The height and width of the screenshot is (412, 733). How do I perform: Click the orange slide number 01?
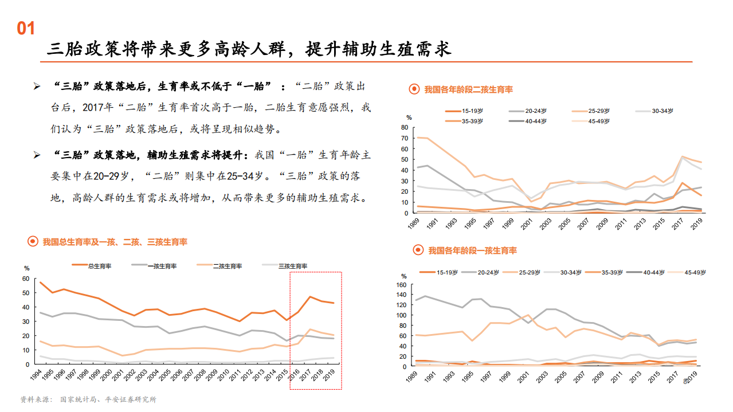pyautogui.click(x=26, y=29)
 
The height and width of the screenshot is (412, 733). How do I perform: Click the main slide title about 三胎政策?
pyautogui.click(x=249, y=49)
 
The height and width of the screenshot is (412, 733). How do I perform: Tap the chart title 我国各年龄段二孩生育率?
pyautogui.click(x=468, y=89)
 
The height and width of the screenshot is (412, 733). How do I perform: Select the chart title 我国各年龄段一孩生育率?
pyautogui.click(x=472, y=250)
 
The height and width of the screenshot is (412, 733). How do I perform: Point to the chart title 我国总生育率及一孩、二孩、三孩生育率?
pyautogui.click(x=115, y=242)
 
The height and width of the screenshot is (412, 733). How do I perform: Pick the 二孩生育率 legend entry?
pyautogui.click(x=227, y=266)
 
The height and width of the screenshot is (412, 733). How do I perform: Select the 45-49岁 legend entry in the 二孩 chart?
pyautogui.click(x=599, y=121)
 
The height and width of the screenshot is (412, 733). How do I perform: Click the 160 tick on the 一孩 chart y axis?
pyautogui.click(x=401, y=285)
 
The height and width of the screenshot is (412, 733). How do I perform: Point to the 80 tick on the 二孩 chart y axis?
pyautogui.click(x=405, y=127)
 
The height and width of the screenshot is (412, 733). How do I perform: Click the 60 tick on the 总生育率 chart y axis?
pyautogui.click(x=25, y=278)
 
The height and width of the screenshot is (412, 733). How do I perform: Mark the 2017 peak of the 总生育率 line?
pyautogui.click(x=310, y=297)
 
